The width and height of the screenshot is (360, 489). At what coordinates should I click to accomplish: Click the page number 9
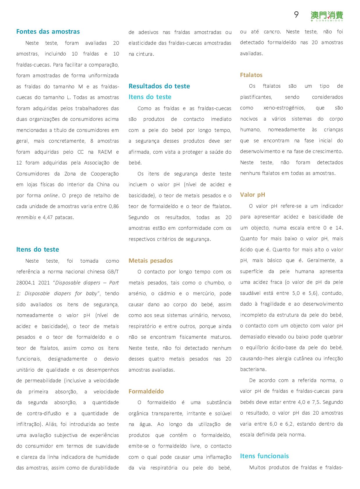(296, 15)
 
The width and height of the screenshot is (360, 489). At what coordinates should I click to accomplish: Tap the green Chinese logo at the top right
(327, 16)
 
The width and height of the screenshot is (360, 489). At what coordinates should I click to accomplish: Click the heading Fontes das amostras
(48, 32)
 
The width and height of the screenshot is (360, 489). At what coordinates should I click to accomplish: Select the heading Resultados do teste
(159, 86)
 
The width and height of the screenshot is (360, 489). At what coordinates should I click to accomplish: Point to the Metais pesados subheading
(151, 261)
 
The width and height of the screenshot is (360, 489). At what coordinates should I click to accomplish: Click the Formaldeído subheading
(146, 391)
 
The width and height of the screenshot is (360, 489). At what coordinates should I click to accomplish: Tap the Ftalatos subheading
(251, 75)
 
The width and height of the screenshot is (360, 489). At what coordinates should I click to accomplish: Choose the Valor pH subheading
(252, 195)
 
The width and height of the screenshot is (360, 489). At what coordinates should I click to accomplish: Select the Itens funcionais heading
(264, 456)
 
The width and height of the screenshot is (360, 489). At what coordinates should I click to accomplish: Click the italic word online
(51, 196)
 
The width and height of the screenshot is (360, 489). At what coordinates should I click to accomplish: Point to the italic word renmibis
(26, 217)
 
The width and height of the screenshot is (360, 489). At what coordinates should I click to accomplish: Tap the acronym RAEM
(105, 152)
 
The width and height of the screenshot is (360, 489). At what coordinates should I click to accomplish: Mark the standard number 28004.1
(27, 283)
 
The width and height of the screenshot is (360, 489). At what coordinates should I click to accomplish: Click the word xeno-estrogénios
(284, 108)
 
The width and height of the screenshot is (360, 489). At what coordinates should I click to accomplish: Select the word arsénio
(138, 293)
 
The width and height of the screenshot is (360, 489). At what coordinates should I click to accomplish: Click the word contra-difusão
(44, 413)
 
